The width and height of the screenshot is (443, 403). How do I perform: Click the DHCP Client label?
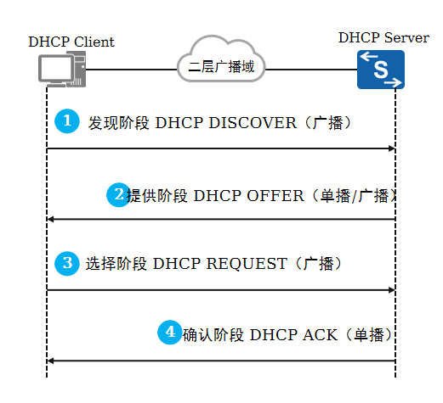(71, 42)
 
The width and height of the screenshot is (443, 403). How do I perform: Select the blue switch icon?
(380, 69)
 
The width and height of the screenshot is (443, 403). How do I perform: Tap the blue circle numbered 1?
(66, 121)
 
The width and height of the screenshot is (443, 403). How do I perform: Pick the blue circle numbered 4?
(170, 333)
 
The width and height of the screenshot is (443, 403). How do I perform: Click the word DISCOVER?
(239, 122)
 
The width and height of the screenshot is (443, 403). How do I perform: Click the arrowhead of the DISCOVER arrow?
(392, 148)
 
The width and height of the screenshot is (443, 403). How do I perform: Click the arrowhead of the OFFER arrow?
(50, 220)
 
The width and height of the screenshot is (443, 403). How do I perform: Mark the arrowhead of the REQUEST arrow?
(392, 290)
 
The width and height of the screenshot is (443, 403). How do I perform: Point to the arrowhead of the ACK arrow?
(50, 361)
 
